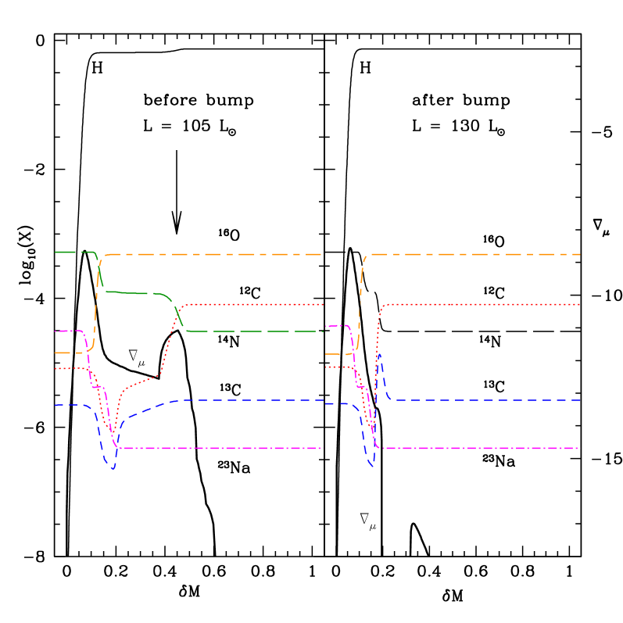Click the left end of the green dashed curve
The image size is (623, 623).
click(55, 252)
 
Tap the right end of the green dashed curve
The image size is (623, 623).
click(323, 331)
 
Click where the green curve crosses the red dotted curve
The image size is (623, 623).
click(177, 311)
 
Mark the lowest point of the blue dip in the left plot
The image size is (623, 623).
click(113, 469)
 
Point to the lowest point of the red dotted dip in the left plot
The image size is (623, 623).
click(113, 432)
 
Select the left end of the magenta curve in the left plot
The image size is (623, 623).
click(55, 331)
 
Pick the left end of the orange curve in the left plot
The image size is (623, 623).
click(55, 353)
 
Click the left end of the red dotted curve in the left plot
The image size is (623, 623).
click(55, 368)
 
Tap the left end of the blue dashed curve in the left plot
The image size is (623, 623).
click(55, 405)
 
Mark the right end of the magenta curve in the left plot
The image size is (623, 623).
click(323, 448)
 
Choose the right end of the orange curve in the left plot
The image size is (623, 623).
click(323, 254)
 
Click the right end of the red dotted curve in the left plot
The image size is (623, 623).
click(323, 304)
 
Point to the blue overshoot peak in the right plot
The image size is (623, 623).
click(380, 355)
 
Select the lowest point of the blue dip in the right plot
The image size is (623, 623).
click(372, 465)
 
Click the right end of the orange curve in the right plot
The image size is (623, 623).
click(580, 254)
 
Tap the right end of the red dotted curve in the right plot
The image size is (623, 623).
click(580, 304)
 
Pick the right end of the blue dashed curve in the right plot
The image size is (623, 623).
click(580, 400)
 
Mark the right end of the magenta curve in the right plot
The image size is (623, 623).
click(580, 448)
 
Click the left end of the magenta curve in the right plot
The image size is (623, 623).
click(325, 326)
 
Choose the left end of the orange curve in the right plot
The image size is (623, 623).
click(325, 354)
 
